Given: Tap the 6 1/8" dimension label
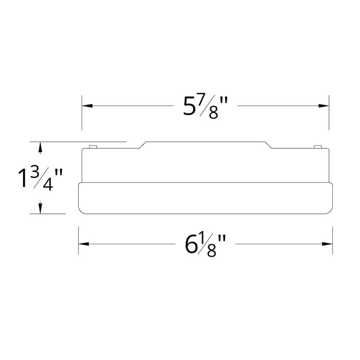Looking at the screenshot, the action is (206, 245).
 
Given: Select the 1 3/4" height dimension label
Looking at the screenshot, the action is (40, 179).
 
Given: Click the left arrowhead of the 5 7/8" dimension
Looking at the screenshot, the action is (87, 106).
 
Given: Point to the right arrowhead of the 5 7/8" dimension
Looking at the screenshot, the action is (324, 106).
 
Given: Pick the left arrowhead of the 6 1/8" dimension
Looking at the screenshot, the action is (84, 244).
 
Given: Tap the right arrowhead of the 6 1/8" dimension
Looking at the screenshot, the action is (327, 244).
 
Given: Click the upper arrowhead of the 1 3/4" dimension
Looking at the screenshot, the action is (40, 147).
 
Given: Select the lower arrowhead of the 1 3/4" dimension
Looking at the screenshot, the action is (40, 208).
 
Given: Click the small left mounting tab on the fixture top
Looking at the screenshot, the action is (93, 147).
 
